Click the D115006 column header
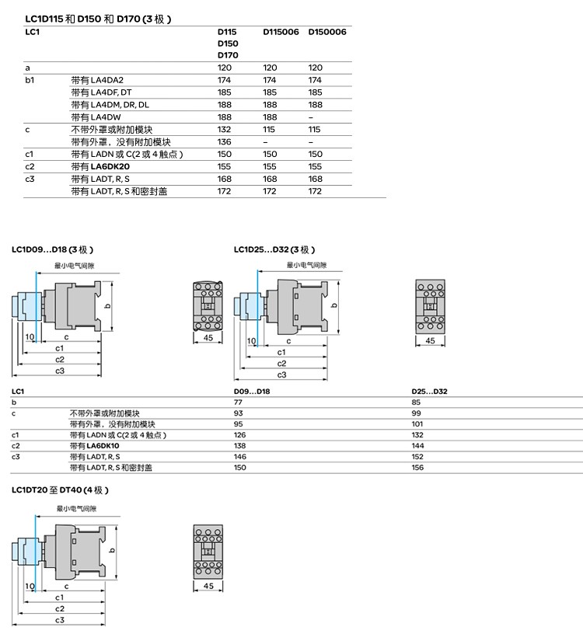pyautogui.click(x=281, y=32)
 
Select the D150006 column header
pyautogui.click(x=327, y=32)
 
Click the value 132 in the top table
pyautogui.click(x=224, y=130)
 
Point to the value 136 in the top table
pyautogui.click(x=224, y=142)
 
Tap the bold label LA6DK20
pyautogui.click(x=110, y=166)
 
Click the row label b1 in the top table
pyautogui.click(x=30, y=80)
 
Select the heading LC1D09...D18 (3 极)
pyautogui.click(x=52, y=249)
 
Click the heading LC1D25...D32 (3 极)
pyautogui.click(x=274, y=249)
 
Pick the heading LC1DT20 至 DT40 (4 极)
pyautogui.click(x=60, y=490)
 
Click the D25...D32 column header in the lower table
pyautogui.click(x=429, y=392)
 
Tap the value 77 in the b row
pyautogui.click(x=238, y=402)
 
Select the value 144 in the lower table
pyautogui.click(x=417, y=445)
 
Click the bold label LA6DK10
pyautogui.click(x=103, y=445)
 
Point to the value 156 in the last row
pyautogui.click(x=417, y=468)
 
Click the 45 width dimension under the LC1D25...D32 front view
pyautogui.click(x=430, y=340)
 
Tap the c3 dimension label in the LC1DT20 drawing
pyautogui.click(x=60, y=620)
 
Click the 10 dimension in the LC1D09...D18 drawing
pyautogui.click(x=30, y=337)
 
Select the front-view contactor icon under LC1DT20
pyautogui.click(x=208, y=551)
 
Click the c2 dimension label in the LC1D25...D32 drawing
pyautogui.click(x=281, y=364)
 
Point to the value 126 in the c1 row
pyautogui.click(x=239, y=435)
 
